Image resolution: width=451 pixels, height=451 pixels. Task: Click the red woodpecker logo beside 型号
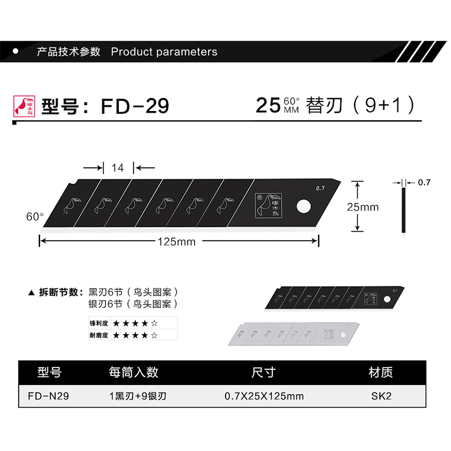pos(24,105)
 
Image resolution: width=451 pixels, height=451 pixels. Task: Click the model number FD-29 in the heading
pos(135,106)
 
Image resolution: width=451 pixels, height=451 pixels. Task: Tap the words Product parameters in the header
pos(164,52)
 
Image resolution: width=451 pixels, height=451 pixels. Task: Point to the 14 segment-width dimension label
pos(117,167)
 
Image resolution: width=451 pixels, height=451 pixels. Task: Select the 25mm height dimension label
pos(362,207)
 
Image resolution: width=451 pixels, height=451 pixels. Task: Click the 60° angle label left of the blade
pos(35,216)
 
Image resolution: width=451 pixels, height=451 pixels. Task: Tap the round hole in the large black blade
pos(303,206)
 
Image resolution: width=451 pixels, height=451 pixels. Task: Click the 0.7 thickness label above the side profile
pos(424,183)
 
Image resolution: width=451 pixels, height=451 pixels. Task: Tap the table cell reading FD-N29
pos(48,396)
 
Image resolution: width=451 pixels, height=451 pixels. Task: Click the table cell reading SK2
pos(381,396)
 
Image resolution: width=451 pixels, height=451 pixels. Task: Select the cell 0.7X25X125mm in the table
pos(264,396)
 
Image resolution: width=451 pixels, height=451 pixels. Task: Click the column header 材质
pos(381,373)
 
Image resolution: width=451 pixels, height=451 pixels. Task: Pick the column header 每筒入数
pos(134,373)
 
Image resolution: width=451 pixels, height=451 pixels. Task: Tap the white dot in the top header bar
pos(16,51)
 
